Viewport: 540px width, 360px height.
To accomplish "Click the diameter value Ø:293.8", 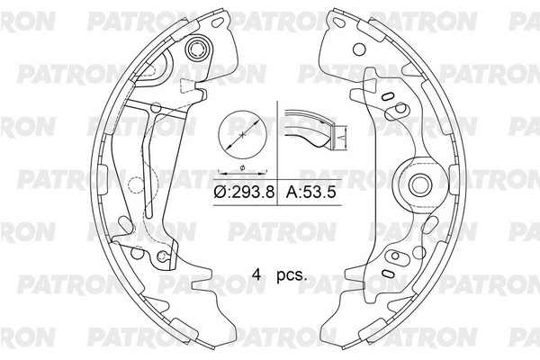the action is (244, 193).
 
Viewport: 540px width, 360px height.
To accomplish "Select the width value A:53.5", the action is (310, 193).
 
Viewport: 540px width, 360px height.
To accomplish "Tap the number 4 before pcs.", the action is (256, 274).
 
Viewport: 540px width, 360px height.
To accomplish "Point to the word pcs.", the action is (292, 275).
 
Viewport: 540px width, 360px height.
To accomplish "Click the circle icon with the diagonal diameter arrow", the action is (243, 134).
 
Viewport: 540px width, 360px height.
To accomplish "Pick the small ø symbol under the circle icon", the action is (242, 167).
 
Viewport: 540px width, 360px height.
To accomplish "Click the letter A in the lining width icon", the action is (340, 137).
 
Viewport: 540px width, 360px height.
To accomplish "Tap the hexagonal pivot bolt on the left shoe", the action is (197, 49).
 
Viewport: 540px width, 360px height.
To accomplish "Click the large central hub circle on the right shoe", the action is (420, 184).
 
